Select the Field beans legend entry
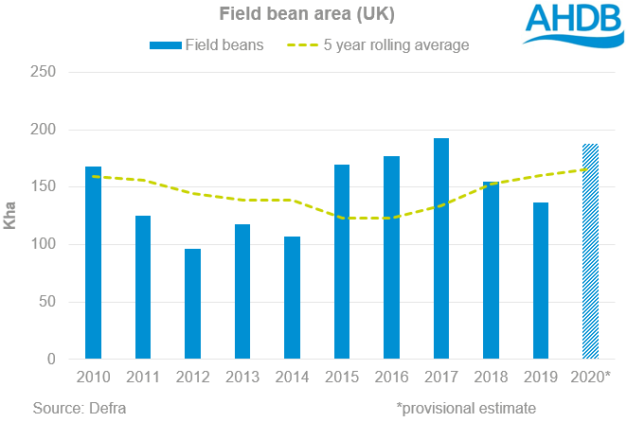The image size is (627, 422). [206, 44]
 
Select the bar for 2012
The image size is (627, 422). [192, 304]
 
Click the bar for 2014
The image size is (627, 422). [292, 298]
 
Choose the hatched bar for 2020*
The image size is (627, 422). [589, 252]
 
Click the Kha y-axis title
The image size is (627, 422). [14, 216]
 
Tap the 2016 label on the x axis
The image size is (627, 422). [390, 377]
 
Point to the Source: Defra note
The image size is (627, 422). [79, 407]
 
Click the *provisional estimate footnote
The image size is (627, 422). [465, 407]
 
